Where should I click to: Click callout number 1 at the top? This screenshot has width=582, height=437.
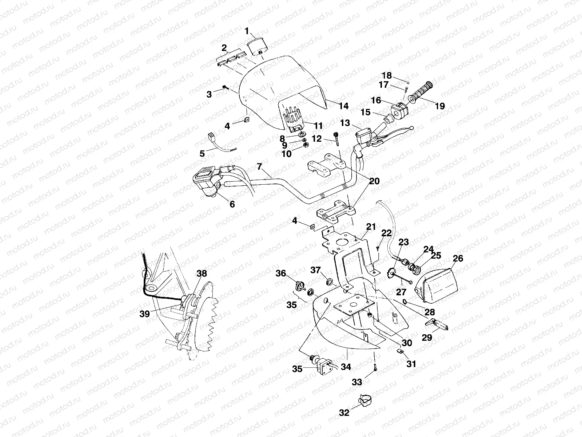point(247,32)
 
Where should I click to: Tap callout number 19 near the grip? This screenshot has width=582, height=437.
point(440,106)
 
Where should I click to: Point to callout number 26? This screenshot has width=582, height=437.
point(458,258)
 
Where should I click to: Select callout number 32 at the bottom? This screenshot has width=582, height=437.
point(344,413)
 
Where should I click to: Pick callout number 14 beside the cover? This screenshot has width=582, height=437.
point(344,106)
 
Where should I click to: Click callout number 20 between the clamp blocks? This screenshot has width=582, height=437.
point(374,181)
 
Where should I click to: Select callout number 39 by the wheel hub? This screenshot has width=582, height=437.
point(145,314)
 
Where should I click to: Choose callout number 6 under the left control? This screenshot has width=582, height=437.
point(232,204)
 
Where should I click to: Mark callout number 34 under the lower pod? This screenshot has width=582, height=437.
point(346,367)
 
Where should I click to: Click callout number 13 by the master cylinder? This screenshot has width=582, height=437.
point(345,123)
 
